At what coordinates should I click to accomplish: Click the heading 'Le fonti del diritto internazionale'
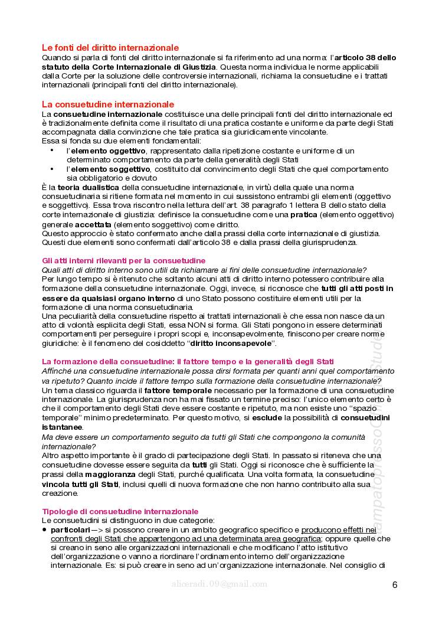(x=110, y=47)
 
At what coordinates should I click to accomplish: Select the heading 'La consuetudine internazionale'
(x=108, y=104)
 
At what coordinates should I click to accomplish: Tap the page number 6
(x=395, y=585)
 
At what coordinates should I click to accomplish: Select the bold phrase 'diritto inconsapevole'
(x=230, y=343)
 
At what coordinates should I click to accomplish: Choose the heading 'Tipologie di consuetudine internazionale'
(x=120, y=511)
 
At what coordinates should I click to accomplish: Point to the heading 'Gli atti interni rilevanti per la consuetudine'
(x=124, y=260)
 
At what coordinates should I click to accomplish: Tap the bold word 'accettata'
(x=93, y=225)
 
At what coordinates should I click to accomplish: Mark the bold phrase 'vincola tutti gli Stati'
(x=80, y=484)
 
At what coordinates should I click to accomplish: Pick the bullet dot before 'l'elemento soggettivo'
(x=52, y=169)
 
